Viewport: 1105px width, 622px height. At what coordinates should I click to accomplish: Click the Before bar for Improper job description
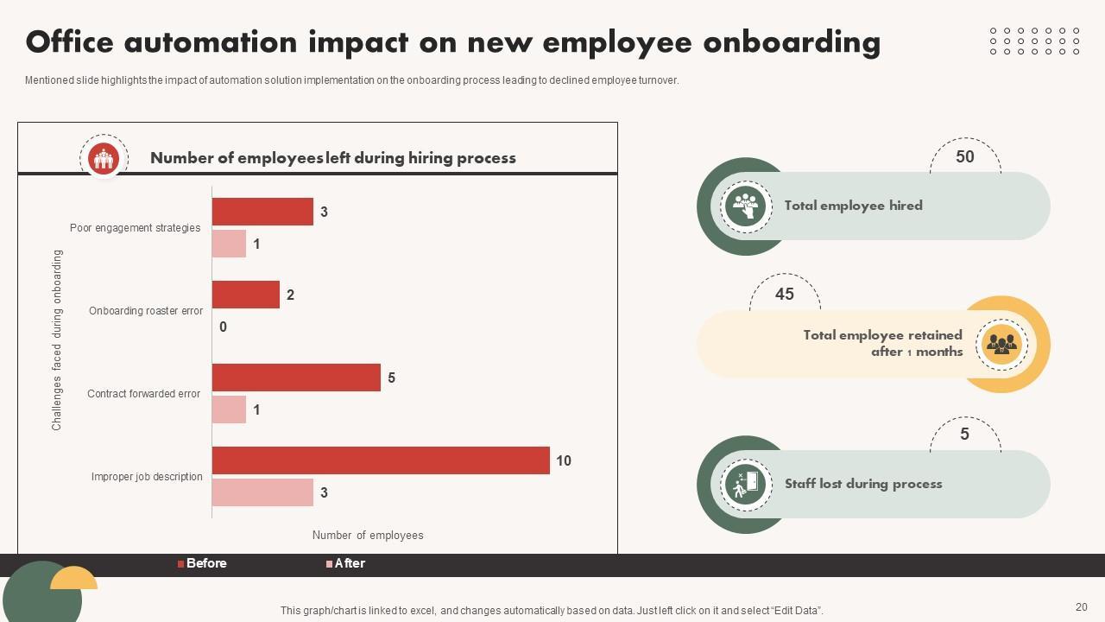(x=381, y=460)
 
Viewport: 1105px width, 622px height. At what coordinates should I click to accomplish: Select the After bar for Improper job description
(x=262, y=492)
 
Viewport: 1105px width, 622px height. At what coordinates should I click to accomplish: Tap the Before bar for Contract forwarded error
(x=296, y=378)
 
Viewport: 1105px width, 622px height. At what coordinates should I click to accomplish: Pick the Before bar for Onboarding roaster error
(x=246, y=295)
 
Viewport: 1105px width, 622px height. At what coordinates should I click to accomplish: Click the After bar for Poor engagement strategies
(x=229, y=244)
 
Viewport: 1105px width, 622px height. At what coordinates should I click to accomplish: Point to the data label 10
(x=564, y=461)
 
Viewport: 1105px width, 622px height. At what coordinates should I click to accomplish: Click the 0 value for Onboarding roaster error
(x=223, y=327)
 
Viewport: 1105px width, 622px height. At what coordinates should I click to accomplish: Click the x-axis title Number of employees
(x=368, y=536)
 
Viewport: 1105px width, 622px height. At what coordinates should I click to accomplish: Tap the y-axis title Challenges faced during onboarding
(x=57, y=340)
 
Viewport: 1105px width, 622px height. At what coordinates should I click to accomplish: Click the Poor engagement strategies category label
(x=135, y=228)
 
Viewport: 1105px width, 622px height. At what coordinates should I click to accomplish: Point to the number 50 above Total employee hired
(x=964, y=157)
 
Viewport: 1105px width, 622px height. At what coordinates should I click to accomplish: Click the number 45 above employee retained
(x=784, y=295)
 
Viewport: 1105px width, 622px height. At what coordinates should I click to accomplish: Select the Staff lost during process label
(x=862, y=484)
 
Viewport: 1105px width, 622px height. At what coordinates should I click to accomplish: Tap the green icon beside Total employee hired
(x=746, y=206)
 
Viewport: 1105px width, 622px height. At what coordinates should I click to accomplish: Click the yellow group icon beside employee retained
(x=1001, y=345)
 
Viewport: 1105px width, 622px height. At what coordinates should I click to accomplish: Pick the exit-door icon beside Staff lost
(x=746, y=484)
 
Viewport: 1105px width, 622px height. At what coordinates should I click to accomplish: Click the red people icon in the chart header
(x=104, y=158)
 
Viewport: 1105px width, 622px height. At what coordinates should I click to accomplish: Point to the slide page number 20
(x=1081, y=607)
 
